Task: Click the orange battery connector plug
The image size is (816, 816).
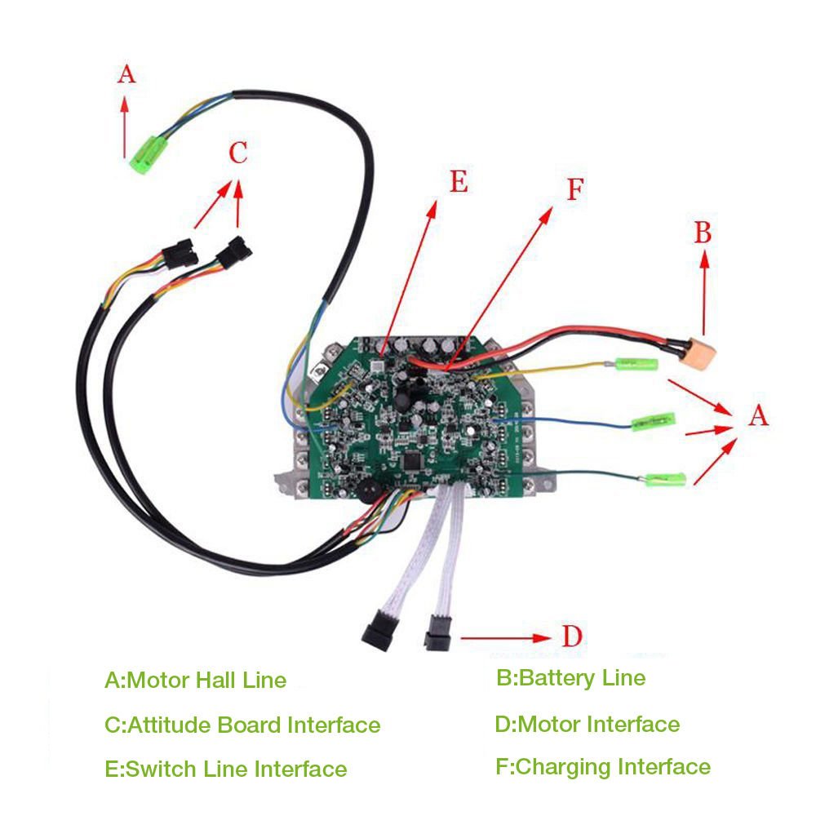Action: click(x=701, y=353)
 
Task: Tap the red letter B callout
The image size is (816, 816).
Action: click(x=703, y=233)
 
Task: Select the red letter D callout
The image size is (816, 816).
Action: click(x=572, y=636)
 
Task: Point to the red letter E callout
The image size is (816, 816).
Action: click(x=459, y=182)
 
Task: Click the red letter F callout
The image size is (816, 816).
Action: click(x=575, y=189)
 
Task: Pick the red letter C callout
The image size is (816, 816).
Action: click(x=238, y=153)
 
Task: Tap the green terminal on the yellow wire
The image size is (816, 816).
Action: click(x=636, y=364)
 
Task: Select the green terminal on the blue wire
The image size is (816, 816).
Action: click(x=653, y=422)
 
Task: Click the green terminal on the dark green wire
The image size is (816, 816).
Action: click(x=665, y=479)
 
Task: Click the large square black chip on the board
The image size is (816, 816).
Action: click(x=413, y=460)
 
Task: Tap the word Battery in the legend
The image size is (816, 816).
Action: click(x=557, y=678)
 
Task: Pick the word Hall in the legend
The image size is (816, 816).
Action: click(x=214, y=681)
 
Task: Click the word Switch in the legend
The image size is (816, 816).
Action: click(x=161, y=769)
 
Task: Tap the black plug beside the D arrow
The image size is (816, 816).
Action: click(x=438, y=633)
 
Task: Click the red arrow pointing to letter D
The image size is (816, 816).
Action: click(x=506, y=638)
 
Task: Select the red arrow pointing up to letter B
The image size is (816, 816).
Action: click(x=705, y=292)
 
